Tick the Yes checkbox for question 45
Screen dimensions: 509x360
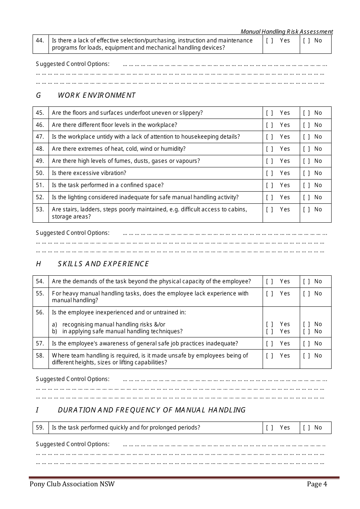[x=269, y=113]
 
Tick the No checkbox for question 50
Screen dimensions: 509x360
[x=307, y=173]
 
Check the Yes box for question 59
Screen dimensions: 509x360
[x=269, y=428]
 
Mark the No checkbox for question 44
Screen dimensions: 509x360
[x=307, y=41]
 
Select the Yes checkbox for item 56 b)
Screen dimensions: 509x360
[x=269, y=331]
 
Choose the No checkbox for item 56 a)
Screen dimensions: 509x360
[x=307, y=324]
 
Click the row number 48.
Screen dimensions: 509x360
[x=40, y=149]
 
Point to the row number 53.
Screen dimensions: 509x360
[x=40, y=209]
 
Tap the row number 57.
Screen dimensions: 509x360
[x=40, y=343]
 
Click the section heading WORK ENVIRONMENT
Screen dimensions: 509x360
[x=97, y=95]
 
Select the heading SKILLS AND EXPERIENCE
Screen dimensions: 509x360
[x=103, y=264]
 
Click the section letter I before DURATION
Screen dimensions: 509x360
[x=38, y=410]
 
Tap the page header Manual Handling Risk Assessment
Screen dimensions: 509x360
[x=287, y=32]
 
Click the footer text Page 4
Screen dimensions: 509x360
[x=317, y=484]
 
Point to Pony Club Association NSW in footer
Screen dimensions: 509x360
[x=72, y=484]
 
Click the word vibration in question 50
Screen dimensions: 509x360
[x=113, y=173]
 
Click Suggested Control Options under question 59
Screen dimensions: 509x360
[x=73, y=444]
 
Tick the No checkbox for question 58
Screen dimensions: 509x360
[x=307, y=356]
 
